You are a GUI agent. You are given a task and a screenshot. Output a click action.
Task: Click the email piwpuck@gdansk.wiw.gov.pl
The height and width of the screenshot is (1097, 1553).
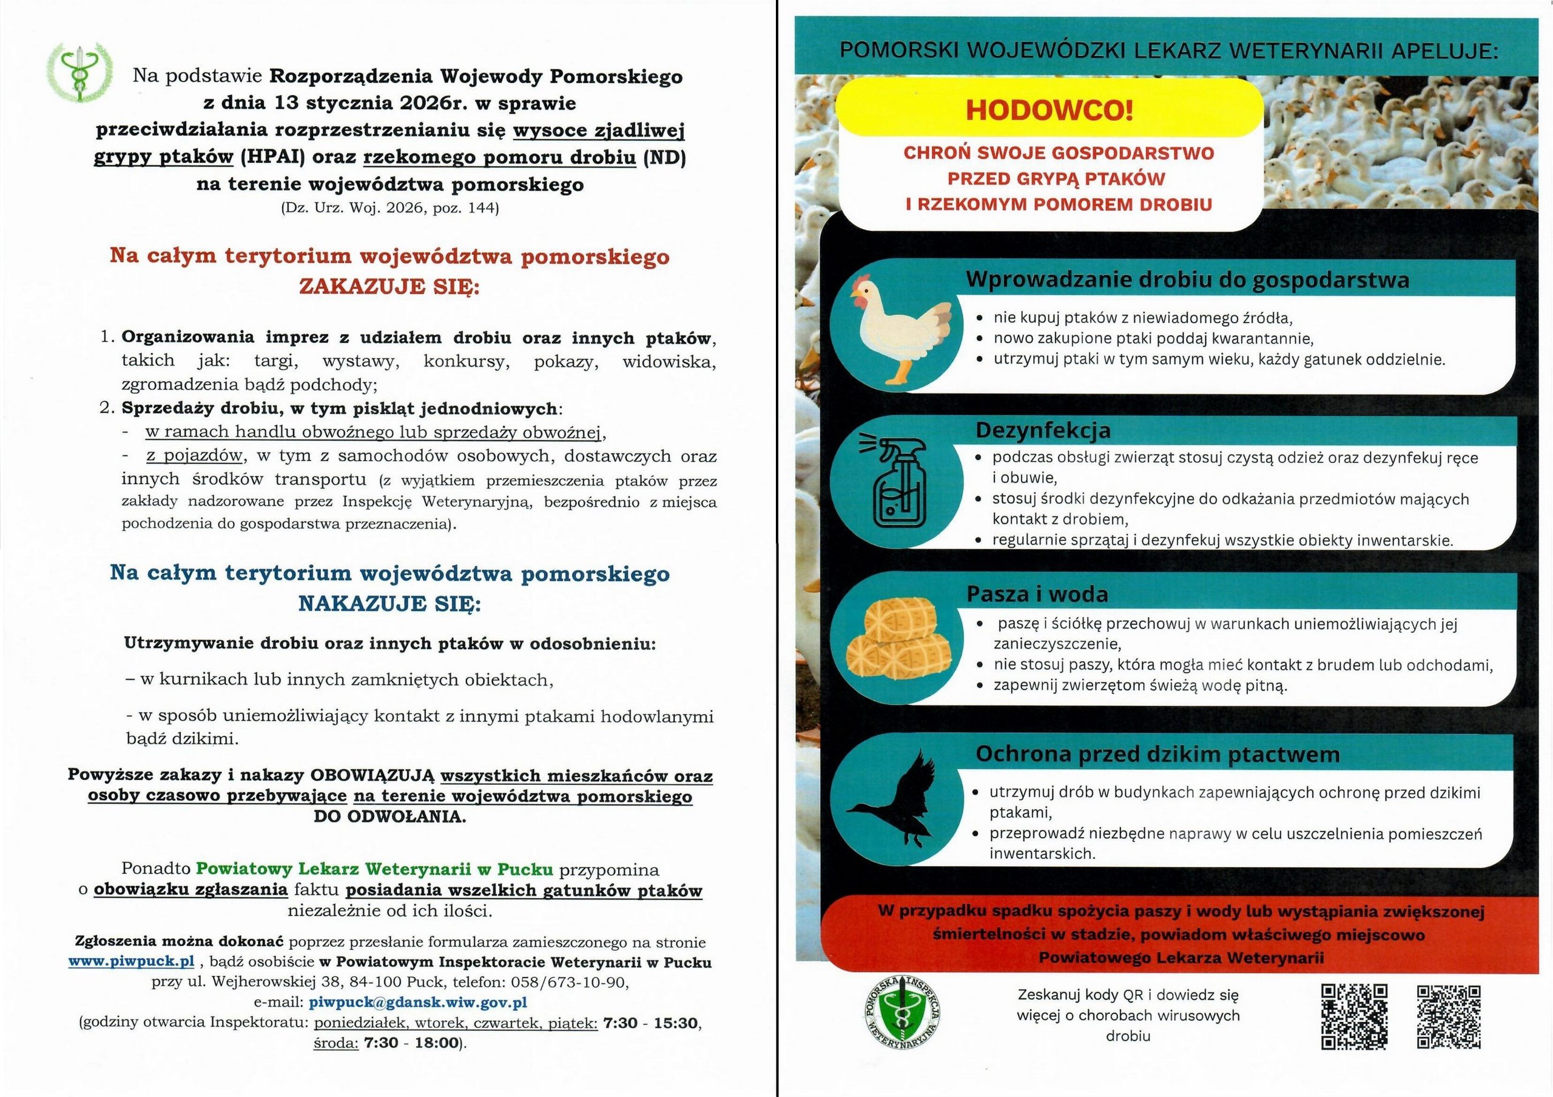coord(417,1002)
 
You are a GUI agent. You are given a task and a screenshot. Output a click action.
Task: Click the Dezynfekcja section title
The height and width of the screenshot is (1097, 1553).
coord(1042,430)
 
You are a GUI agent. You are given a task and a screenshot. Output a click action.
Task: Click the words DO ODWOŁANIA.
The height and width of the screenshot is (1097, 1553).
coord(389,816)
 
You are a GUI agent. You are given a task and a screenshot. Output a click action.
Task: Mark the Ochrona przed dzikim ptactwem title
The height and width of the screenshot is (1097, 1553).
coord(1157,755)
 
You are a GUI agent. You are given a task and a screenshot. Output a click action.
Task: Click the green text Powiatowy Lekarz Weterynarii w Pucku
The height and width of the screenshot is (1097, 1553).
coord(375,869)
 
